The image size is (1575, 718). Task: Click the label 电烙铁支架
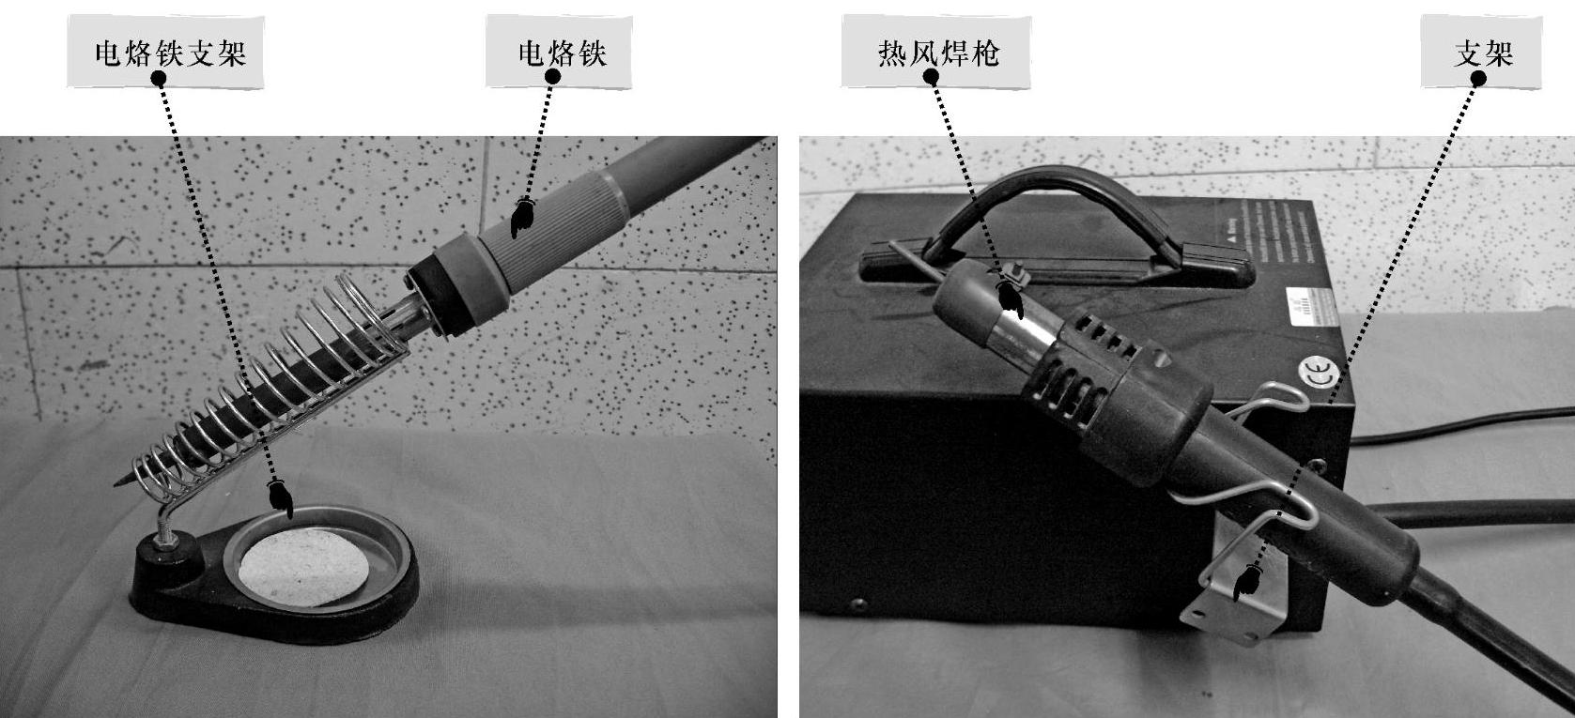(171, 53)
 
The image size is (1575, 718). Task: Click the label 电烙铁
(563, 53)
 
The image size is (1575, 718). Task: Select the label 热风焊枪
(938, 53)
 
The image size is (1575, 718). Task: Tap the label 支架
(1484, 53)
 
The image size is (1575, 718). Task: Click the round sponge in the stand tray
(303, 567)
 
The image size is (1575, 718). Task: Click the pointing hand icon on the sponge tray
(281, 498)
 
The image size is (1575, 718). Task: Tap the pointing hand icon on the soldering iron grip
(522, 218)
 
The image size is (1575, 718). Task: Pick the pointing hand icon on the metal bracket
(1247, 583)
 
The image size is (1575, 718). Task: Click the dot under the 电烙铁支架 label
(158, 78)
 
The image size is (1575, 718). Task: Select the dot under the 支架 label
(1478, 79)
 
